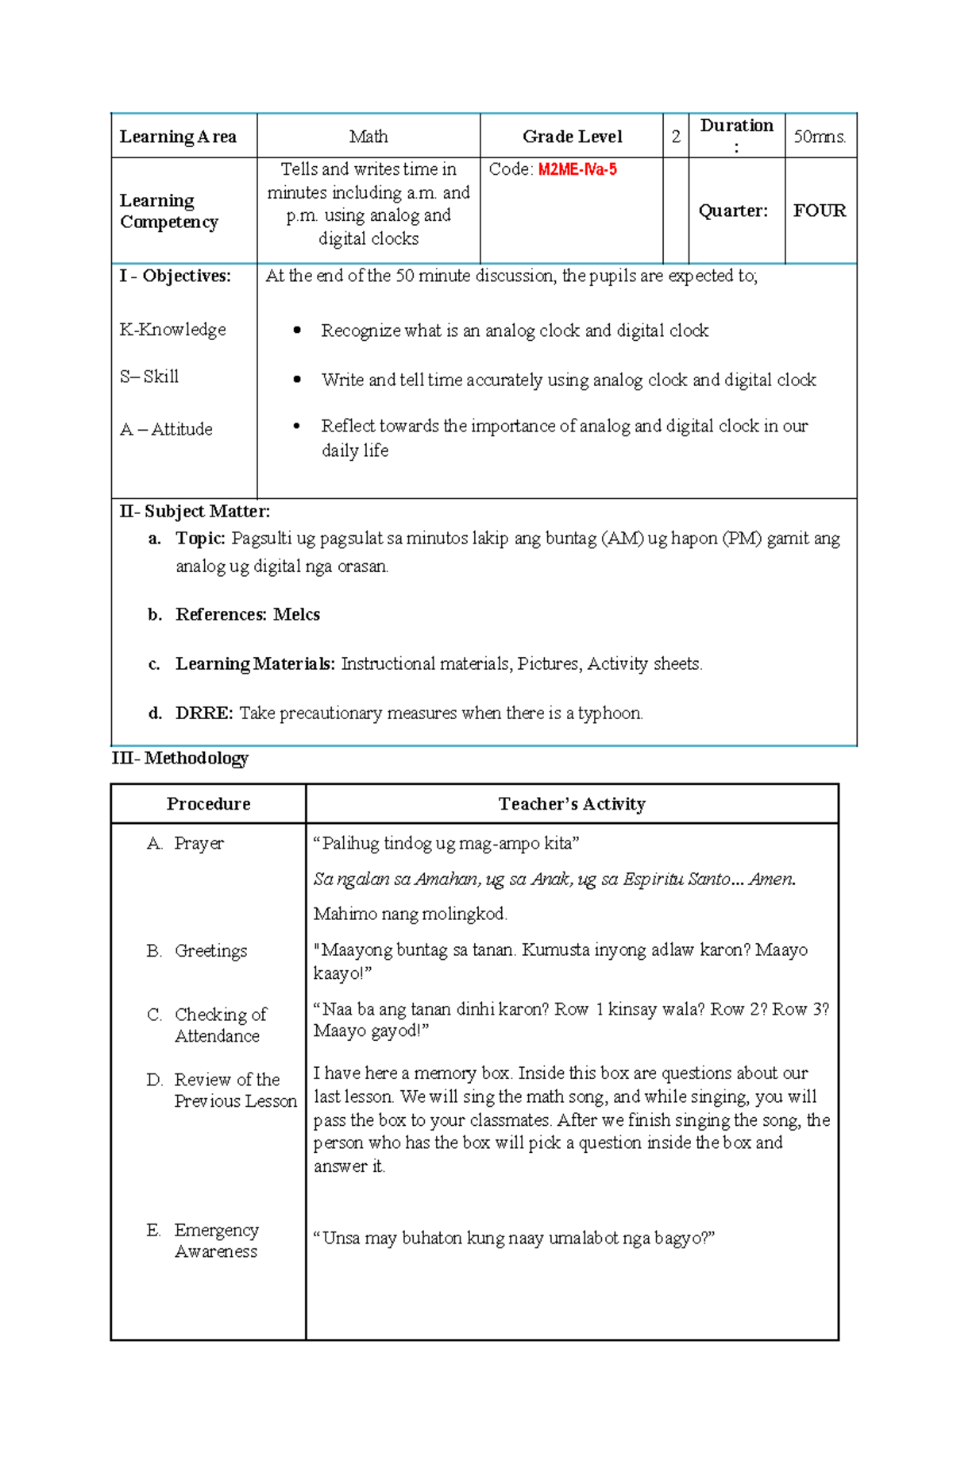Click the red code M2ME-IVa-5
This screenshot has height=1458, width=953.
pyautogui.click(x=577, y=169)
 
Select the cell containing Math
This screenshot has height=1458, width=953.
pyautogui.click(x=368, y=137)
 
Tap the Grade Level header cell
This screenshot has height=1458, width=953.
pyautogui.click(x=572, y=137)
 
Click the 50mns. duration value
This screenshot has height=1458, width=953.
pyautogui.click(x=820, y=137)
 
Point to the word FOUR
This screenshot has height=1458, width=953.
pyautogui.click(x=820, y=211)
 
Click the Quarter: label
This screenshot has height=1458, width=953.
pyautogui.click(x=733, y=211)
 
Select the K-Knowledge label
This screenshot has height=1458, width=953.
pyautogui.click(x=173, y=330)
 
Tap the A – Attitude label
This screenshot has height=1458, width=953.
pyautogui.click(x=166, y=430)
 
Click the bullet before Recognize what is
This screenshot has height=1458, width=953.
pyautogui.click(x=297, y=331)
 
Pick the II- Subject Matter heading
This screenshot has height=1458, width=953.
pyautogui.click(x=195, y=512)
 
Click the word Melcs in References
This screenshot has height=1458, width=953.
pyautogui.click(x=296, y=614)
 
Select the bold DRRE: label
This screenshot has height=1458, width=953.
pyautogui.click(x=204, y=714)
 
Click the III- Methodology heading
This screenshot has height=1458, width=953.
pyautogui.click(x=180, y=758)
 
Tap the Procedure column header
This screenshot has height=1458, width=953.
pyautogui.click(x=208, y=804)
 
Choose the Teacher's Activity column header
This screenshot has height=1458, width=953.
pyautogui.click(x=572, y=804)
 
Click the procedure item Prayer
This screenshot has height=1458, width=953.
pyautogui.click(x=199, y=843)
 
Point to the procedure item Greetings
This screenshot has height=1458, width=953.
pyautogui.click(x=210, y=951)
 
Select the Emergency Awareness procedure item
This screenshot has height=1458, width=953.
pyautogui.click(x=216, y=1240)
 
